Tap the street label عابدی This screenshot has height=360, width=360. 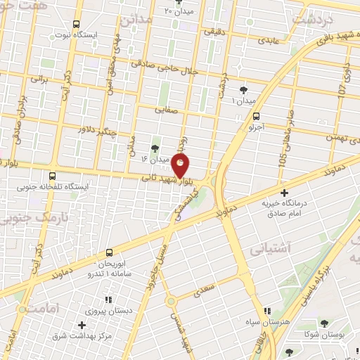(268, 41)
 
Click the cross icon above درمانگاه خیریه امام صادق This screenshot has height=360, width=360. (284, 192)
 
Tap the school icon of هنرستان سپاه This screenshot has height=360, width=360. (266, 310)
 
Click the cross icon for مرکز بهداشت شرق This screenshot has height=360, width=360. (82, 324)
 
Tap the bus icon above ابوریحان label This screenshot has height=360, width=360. (108, 252)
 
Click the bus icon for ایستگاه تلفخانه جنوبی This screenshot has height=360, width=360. (53, 176)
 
